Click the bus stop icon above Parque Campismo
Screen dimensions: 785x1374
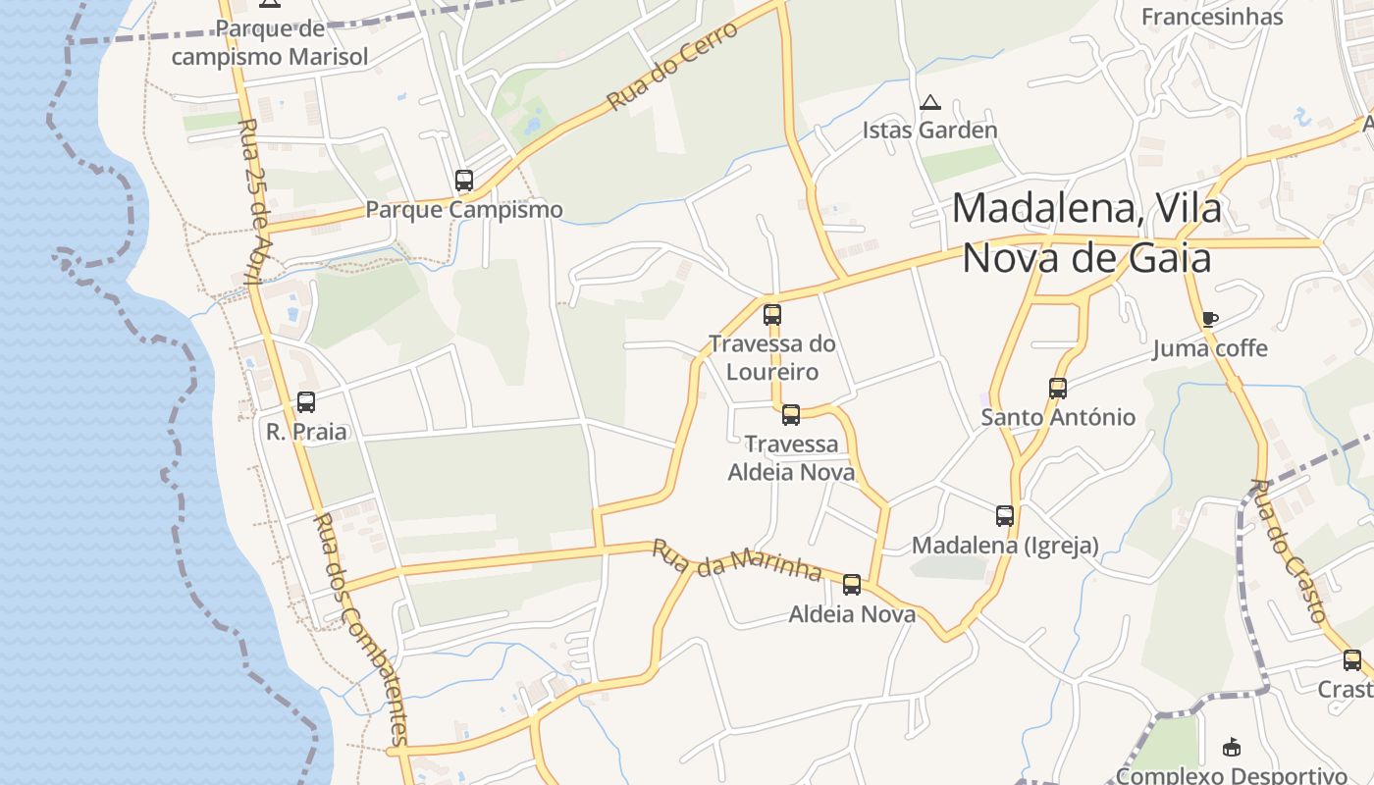pyautogui.click(x=464, y=181)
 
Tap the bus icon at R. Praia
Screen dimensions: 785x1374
pyautogui.click(x=306, y=402)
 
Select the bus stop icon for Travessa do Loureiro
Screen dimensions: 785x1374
pyautogui.click(x=772, y=315)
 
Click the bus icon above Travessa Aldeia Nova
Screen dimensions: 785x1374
pyautogui.click(x=791, y=415)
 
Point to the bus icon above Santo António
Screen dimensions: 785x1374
pyautogui.click(x=1057, y=389)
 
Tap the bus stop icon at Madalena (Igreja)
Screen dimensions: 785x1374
pyautogui.click(x=1005, y=516)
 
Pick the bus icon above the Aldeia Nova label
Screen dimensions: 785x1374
pyautogui.click(x=852, y=585)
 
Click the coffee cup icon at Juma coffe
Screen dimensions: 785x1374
pyautogui.click(x=1209, y=319)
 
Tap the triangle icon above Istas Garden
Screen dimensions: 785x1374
pyautogui.click(x=929, y=102)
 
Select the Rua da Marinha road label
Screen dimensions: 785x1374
pyautogui.click(x=736, y=559)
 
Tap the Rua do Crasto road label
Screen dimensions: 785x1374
pyautogui.click(x=1290, y=550)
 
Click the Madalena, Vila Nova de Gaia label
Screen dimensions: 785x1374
pyautogui.click(x=1086, y=234)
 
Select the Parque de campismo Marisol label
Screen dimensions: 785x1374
pyautogui.click(x=270, y=43)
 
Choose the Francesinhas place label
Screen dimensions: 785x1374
pyautogui.click(x=1212, y=17)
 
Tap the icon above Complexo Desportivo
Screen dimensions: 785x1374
pyautogui.click(x=1232, y=748)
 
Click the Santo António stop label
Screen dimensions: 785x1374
pyautogui.click(x=1058, y=417)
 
